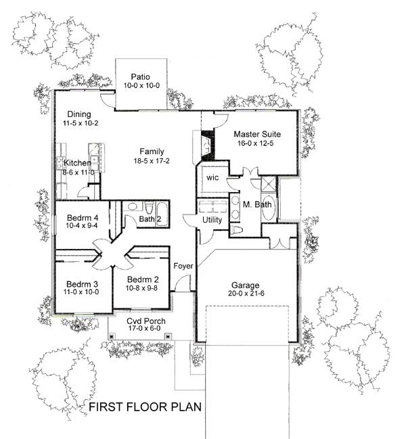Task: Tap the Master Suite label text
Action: (256, 134)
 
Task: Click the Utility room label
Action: (212, 221)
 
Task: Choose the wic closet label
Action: (212, 177)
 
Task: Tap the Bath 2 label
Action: (150, 218)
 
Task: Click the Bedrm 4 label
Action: (83, 217)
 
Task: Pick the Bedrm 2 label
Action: (143, 279)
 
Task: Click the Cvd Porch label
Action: (145, 320)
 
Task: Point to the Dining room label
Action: (79, 115)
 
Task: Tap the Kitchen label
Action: (77, 164)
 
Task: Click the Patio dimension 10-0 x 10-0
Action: (141, 87)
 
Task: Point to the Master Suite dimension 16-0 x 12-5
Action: (256, 143)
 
